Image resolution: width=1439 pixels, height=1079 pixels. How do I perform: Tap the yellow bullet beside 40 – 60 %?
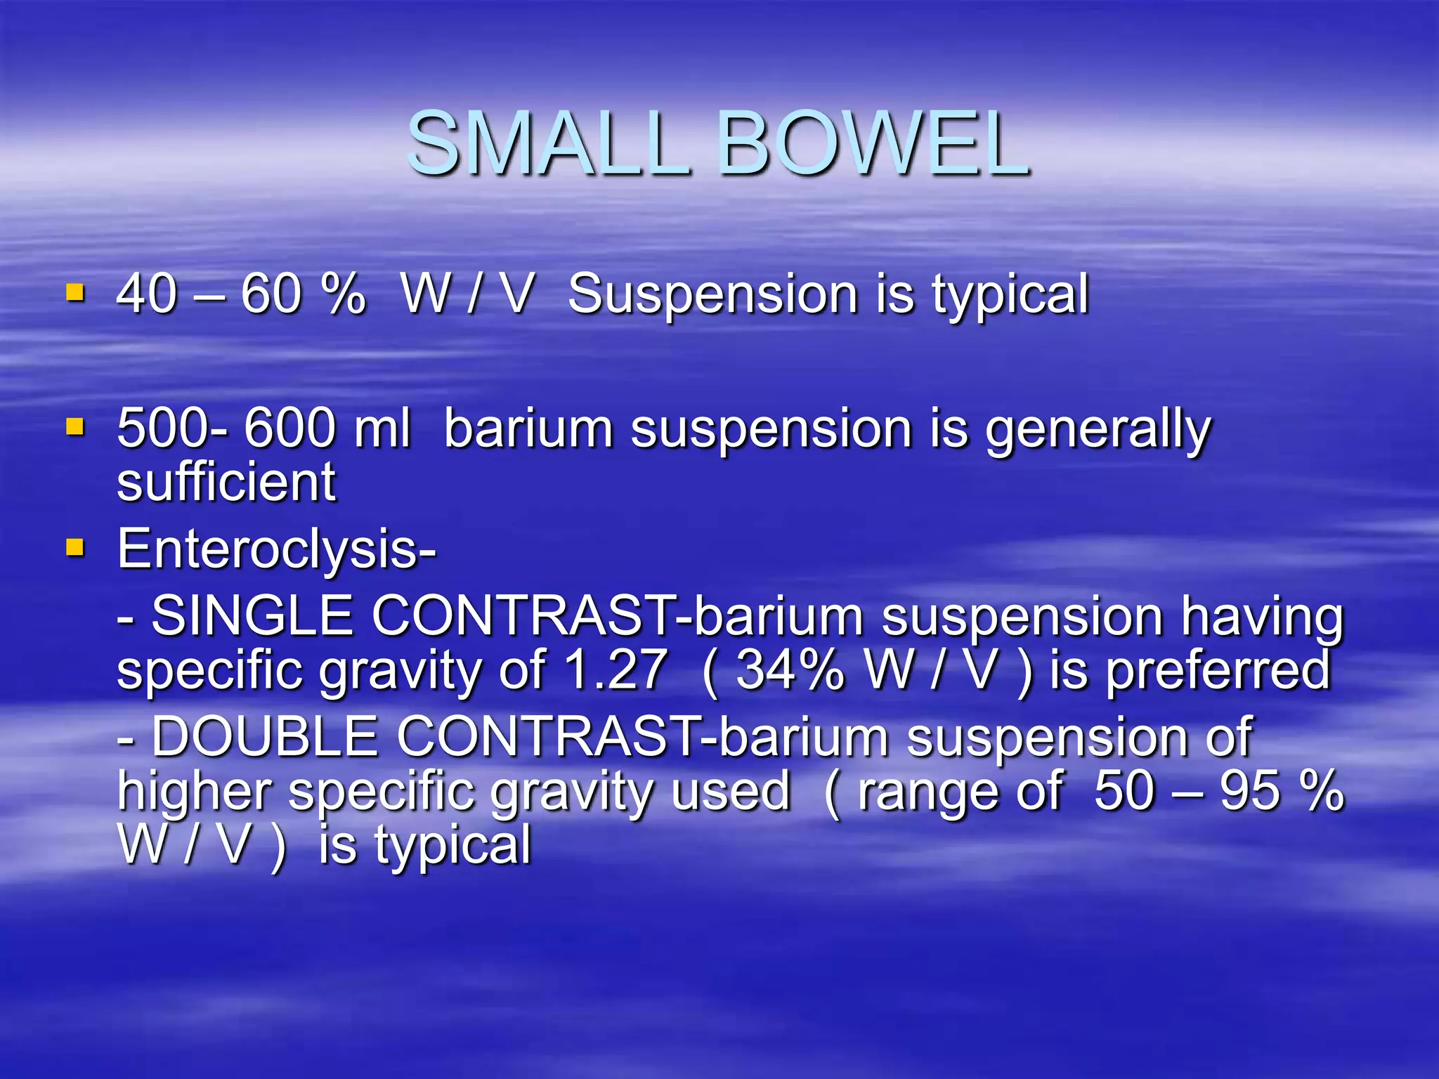(75, 292)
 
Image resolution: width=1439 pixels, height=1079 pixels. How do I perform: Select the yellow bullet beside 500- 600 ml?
(75, 427)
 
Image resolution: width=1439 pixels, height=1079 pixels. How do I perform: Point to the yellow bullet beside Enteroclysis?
(75, 547)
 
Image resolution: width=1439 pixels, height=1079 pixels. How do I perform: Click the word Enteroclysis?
(275, 549)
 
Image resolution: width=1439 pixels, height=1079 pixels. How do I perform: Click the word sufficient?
(226, 483)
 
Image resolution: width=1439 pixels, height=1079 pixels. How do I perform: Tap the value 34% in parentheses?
(790, 669)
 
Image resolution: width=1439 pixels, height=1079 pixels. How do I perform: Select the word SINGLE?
(252, 616)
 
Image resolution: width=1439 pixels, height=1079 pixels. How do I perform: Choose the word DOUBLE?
(264, 737)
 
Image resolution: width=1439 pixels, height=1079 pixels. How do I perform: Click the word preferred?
(1218, 671)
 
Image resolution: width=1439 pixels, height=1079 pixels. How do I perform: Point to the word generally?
(1098, 430)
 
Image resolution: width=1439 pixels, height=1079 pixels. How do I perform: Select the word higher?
(194, 792)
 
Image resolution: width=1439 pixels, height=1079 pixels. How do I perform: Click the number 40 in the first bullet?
(146, 294)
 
